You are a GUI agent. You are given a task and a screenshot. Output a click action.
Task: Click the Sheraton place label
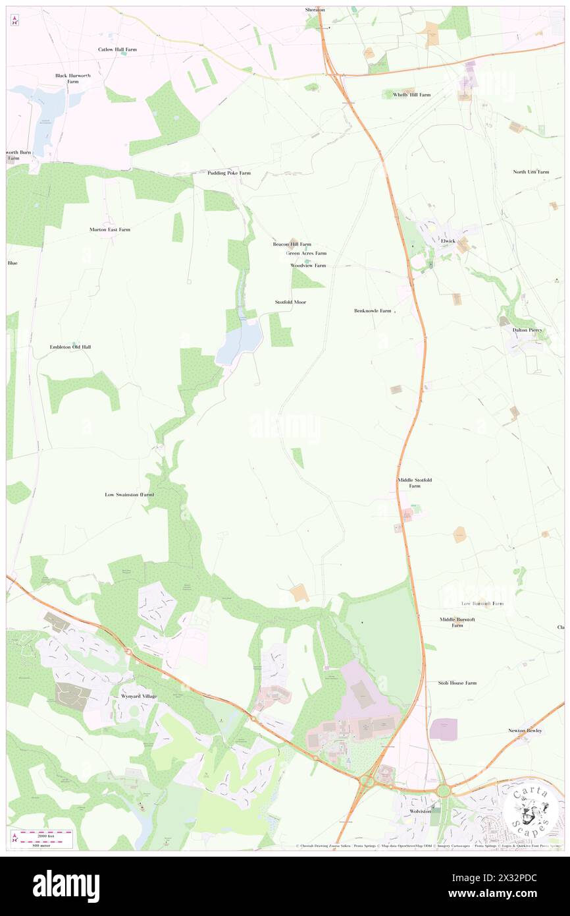[315, 10]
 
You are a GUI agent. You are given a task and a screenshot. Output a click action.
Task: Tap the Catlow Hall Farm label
[117, 49]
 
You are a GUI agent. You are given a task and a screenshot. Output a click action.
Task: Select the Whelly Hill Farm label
[407, 95]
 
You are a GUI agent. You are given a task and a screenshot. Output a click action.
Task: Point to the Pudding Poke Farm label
[229, 173]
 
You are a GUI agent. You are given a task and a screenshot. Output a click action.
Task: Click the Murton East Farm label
[110, 229]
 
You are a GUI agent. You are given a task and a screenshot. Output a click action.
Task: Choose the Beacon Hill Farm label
[292, 244]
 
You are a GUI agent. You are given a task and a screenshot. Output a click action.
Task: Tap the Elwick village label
[448, 241]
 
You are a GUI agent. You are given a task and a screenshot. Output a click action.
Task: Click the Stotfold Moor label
[290, 302]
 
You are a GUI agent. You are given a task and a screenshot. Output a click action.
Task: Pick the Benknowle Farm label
[373, 310]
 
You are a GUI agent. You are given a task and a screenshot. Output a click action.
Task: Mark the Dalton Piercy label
[527, 329]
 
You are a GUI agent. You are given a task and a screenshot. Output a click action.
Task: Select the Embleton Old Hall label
[70, 347]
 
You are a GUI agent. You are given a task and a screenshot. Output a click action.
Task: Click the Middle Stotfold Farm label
[414, 482]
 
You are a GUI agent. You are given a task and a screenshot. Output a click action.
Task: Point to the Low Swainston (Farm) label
[130, 494]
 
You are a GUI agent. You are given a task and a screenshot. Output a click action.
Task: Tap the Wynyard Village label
[138, 697]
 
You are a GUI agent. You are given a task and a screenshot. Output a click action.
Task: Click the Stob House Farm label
[457, 683]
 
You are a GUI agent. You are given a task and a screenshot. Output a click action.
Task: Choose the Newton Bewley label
[525, 730]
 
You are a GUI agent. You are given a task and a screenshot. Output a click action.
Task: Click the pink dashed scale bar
[47, 834]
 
